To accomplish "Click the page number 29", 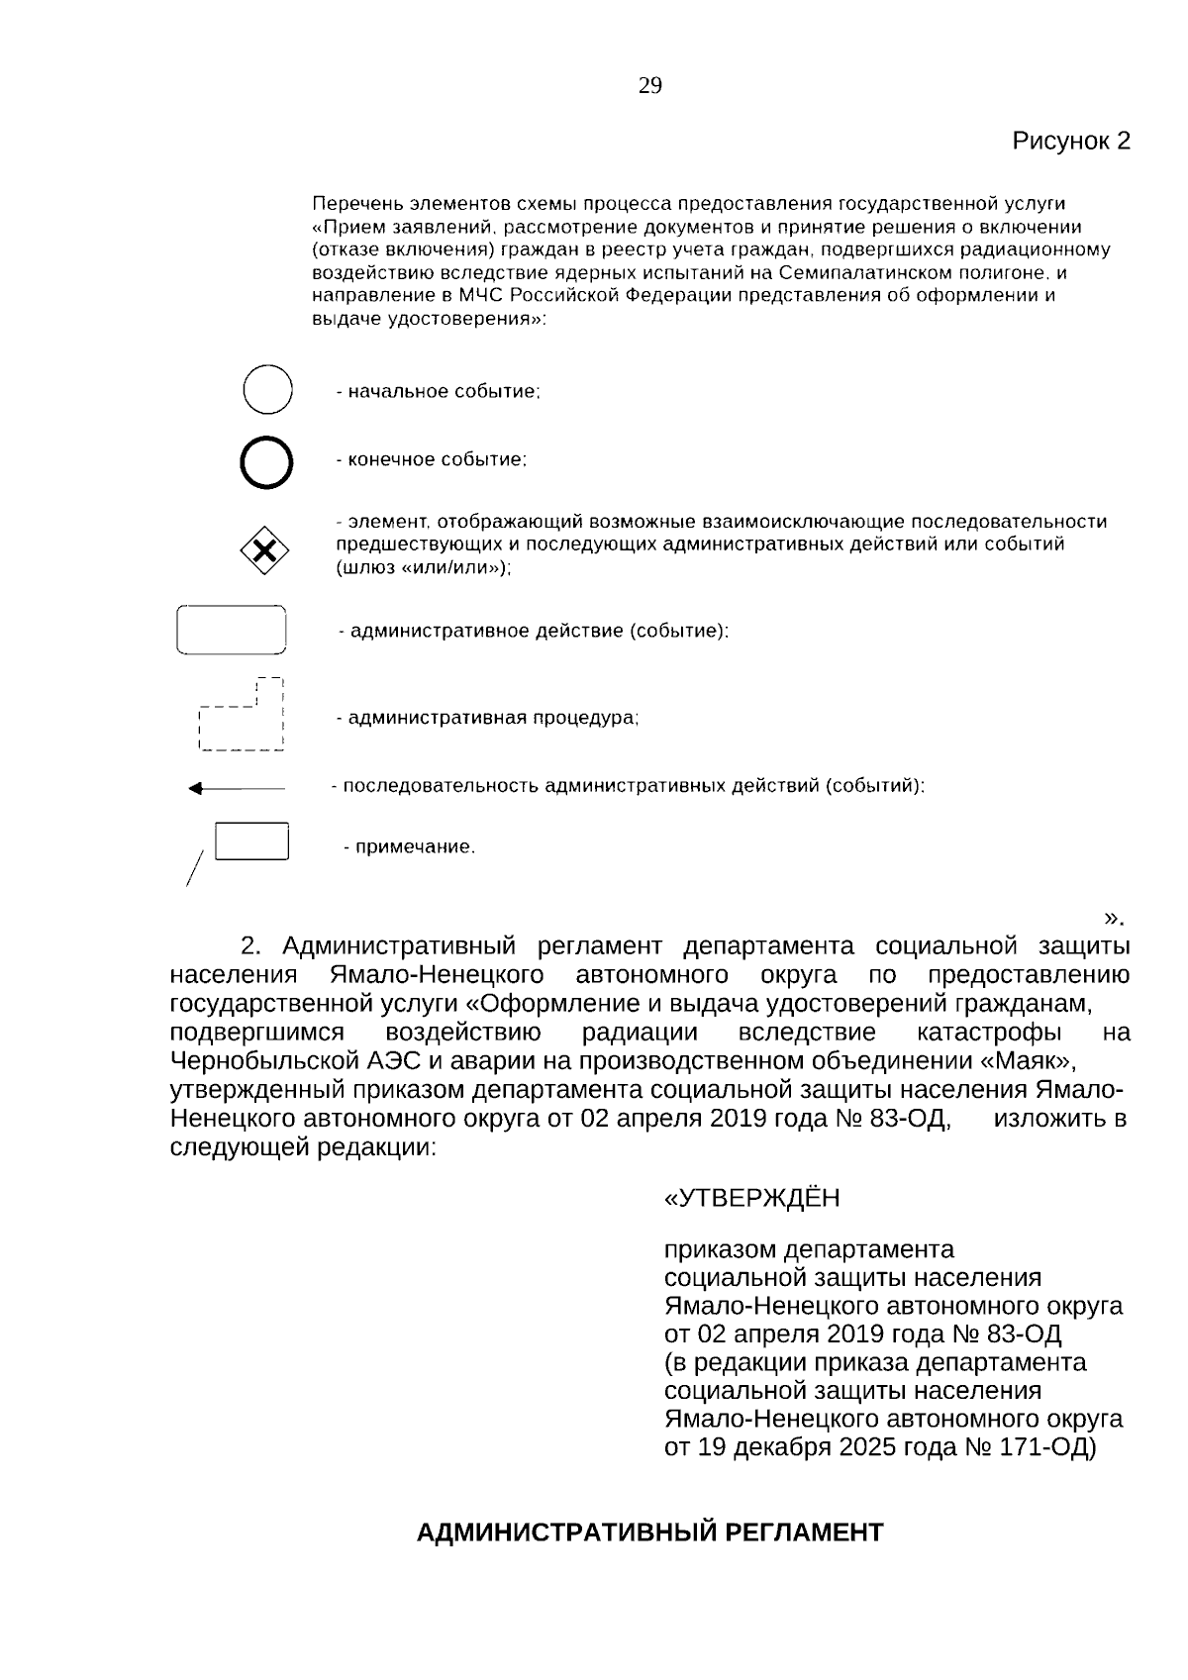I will point(649,86).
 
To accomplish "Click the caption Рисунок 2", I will point(1070,141).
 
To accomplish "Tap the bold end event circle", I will point(266,462).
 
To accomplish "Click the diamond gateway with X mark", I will point(265,551).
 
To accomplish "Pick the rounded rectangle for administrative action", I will point(232,630).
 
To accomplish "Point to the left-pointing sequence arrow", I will point(237,789).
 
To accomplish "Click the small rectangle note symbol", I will point(251,841).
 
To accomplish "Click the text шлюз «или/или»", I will point(423,568).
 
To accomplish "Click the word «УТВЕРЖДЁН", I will point(751,1199).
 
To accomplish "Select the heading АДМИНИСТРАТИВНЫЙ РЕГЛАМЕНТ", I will point(649,1533).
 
